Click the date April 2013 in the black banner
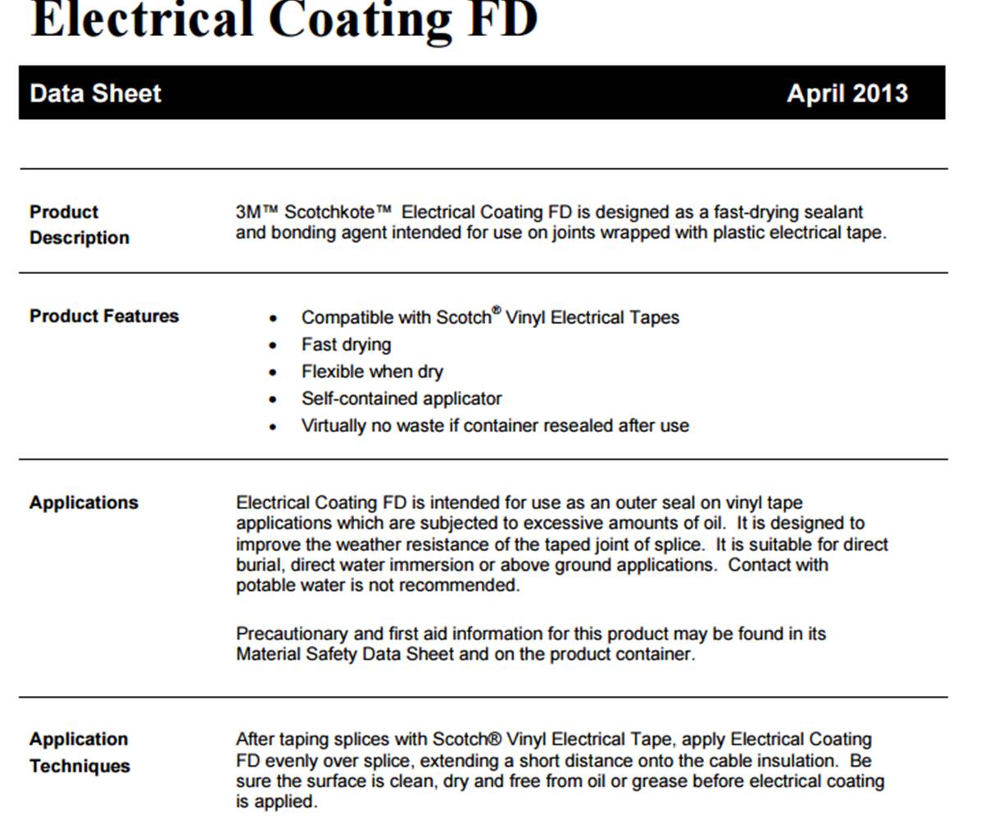click(846, 93)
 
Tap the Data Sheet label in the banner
click(95, 93)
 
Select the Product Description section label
click(79, 225)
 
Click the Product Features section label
click(104, 317)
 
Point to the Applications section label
click(84, 503)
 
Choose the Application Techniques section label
click(79, 753)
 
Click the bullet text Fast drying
click(346, 344)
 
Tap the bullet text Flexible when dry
click(372, 371)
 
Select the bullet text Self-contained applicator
click(402, 399)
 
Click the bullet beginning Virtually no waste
click(495, 426)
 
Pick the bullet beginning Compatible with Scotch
click(490, 317)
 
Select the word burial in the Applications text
click(261, 565)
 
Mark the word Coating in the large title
click(360, 20)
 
